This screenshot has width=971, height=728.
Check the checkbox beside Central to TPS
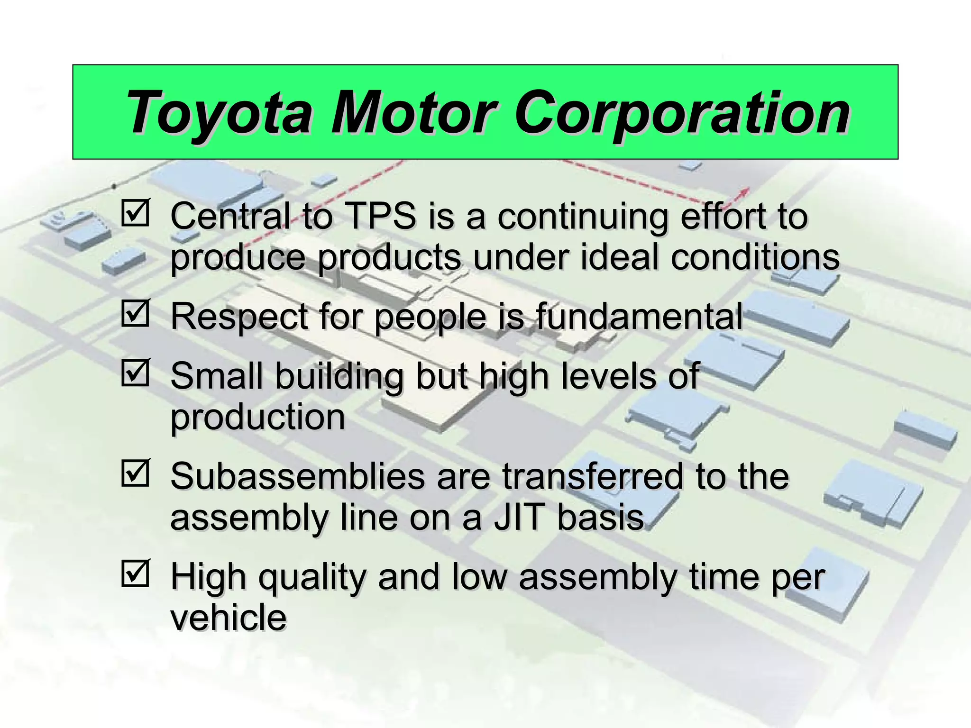136,213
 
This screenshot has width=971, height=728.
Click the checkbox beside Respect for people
136,313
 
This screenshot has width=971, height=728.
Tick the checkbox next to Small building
136,373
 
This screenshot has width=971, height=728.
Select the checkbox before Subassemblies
136,473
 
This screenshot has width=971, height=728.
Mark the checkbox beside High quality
136,573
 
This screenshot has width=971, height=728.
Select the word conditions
755,257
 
